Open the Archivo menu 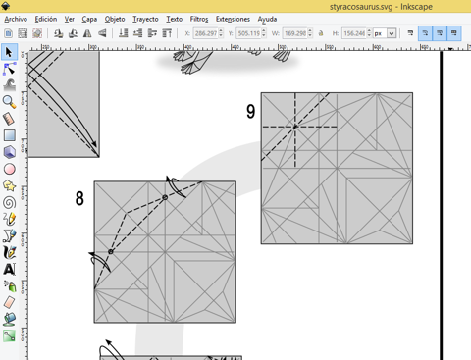(16, 20)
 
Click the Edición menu (46, 20)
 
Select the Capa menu (89, 20)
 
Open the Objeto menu (115, 20)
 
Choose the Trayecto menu (145, 20)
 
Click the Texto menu (174, 20)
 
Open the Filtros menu (199, 20)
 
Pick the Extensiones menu (233, 20)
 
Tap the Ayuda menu (267, 20)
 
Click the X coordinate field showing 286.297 (206, 33)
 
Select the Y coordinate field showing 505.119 (249, 33)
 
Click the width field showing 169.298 (295, 33)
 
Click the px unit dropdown (385, 33)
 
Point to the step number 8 (79, 198)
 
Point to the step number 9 (250, 112)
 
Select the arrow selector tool (9, 52)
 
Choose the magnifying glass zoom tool (9, 102)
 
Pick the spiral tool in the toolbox (9, 203)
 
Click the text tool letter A (9, 269)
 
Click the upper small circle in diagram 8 (165, 197)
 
